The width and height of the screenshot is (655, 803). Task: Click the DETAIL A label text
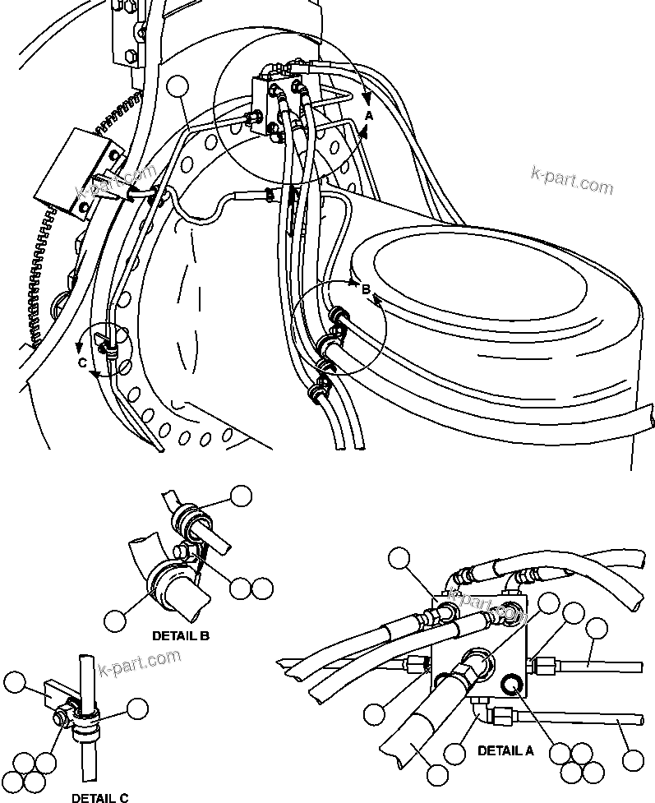(x=505, y=750)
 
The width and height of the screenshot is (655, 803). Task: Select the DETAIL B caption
(x=181, y=635)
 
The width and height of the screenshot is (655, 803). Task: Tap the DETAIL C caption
(x=99, y=797)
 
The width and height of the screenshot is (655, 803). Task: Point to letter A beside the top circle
(x=369, y=117)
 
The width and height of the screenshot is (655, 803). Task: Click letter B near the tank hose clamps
(x=366, y=288)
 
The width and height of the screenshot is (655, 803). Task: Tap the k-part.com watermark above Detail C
(x=139, y=661)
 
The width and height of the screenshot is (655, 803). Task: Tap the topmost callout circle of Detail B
(x=241, y=495)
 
